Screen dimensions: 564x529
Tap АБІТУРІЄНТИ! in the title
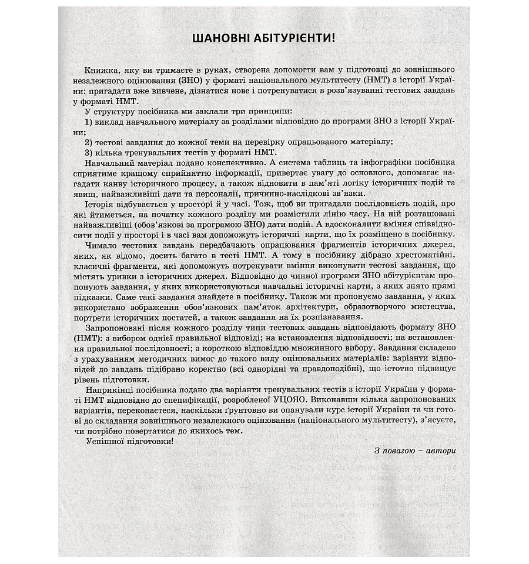tap(296, 39)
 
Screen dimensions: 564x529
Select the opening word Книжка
tap(99, 69)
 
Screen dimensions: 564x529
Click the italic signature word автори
tap(440, 452)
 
